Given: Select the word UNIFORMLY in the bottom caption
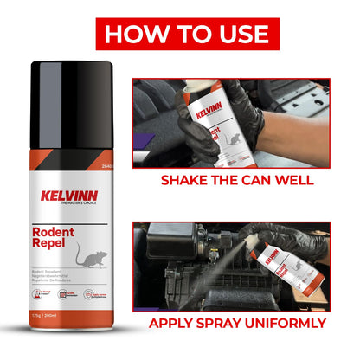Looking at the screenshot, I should tap(280, 324).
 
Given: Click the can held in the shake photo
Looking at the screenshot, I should tap(212, 121).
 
